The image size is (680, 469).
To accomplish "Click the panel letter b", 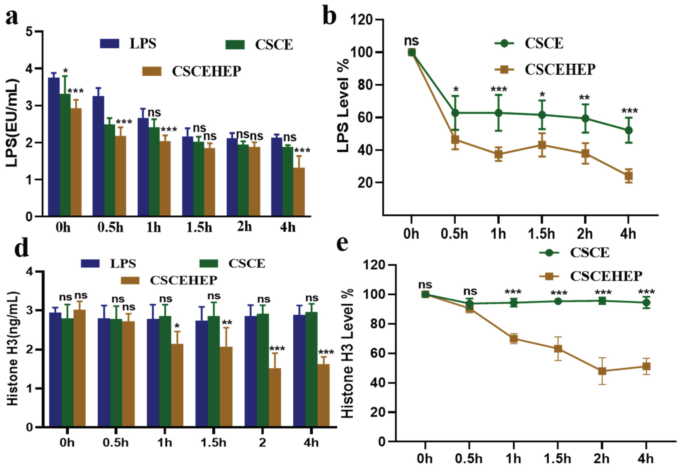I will click(329, 15).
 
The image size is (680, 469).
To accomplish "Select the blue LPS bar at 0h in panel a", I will click(54, 147).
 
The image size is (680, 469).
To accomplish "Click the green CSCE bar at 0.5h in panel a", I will click(109, 170).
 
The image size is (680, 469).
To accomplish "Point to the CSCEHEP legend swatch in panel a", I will click(152, 71).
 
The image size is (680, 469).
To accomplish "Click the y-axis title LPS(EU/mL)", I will click(12, 123).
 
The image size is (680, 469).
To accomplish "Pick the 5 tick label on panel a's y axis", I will click(29, 31).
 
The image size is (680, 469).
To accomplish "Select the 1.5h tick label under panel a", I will click(199, 227).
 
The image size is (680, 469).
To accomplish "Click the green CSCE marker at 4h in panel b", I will click(628, 130).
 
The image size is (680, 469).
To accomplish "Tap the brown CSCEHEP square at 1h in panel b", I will click(498, 154).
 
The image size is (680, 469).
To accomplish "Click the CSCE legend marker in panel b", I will click(504, 43).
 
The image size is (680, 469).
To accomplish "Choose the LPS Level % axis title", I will click(343, 106).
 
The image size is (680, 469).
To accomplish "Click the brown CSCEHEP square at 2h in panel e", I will click(602, 371).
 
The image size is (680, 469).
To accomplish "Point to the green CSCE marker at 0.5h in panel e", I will click(469, 304).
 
